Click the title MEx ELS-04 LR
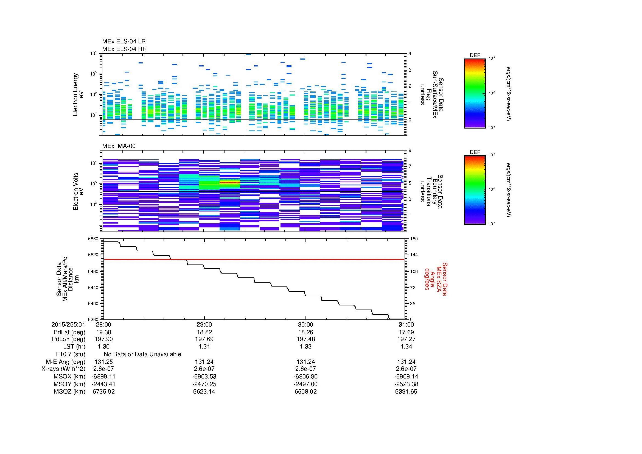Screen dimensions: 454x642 click(124, 41)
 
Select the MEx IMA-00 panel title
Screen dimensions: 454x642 click(119, 146)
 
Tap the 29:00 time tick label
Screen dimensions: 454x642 click(204, 324)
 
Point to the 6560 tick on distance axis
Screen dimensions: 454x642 click(93, 239)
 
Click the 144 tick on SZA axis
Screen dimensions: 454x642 click(413, 255)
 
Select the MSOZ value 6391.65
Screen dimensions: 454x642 click(406, 392)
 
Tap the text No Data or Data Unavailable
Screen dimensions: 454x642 click(142, 354)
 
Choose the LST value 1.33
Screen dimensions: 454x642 click(305, 347)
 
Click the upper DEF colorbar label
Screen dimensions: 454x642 click(475, 55)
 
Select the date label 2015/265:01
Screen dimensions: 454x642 click(68, 324)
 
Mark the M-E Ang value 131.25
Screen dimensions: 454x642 click(103, 362)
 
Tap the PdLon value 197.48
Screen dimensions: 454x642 click(305, 339)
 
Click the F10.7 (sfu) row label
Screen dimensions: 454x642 click(71, 354)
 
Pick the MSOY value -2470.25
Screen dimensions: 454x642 click(204, 384)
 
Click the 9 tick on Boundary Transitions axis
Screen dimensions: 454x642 click(410, 151)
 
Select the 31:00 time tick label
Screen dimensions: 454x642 click(406, 324)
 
